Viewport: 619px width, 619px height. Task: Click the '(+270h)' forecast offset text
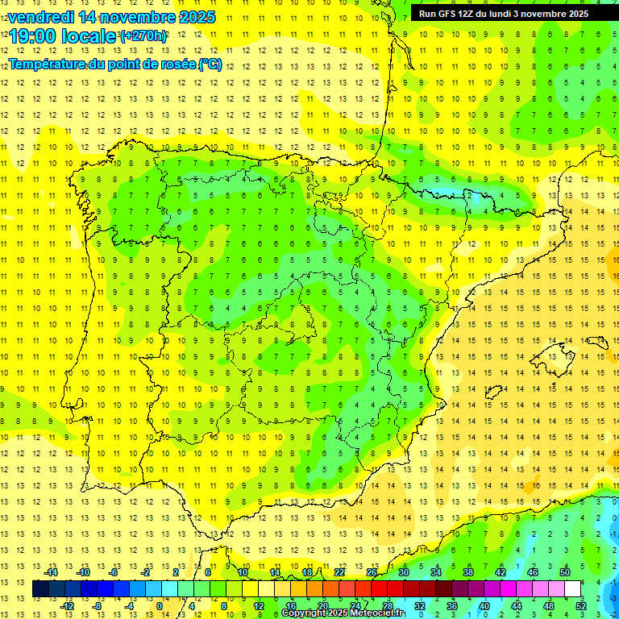[143, 35]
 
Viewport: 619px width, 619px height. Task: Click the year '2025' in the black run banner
[573, 13]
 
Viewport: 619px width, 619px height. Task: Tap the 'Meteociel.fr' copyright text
[372, 613]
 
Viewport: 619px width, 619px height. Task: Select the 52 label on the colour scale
[581, 606]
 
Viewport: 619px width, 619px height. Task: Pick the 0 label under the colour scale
[160, 606]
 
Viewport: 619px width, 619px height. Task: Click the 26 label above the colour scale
[372, 571]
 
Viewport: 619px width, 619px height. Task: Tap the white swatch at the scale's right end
[573, 588]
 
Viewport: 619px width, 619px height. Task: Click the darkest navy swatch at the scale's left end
[41, 588]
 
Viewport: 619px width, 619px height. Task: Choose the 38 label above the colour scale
[468, 571]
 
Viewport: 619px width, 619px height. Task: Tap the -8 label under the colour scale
[97, 606]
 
